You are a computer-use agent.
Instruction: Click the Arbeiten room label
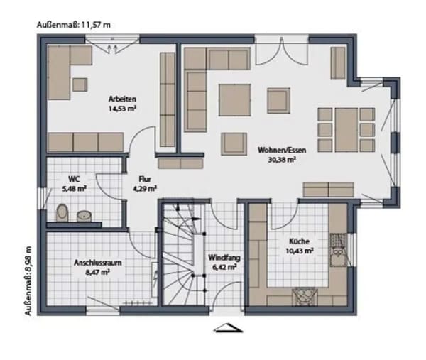pos(122,99)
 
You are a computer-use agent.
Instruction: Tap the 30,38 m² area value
pos(282,160)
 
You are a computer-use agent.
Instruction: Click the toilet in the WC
pos(62,212)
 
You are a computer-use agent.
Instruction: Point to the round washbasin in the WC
pos(84,216)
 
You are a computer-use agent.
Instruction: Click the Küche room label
pos(299,241)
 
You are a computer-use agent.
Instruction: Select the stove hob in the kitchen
pos(305,297)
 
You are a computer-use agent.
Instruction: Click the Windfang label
pos(224,258)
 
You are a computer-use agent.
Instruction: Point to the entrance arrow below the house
pos(228,328)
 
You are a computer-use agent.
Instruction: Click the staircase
pos(183,254)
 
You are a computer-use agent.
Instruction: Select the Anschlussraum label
pos(98,263)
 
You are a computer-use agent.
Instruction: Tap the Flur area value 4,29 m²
pos(145,189)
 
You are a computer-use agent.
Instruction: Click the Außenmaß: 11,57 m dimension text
pos(74,25)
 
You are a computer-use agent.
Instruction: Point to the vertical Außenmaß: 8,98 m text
pos(28,281)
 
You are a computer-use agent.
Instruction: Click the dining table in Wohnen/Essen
pos(346,130)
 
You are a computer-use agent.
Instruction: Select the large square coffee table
pos(235,99)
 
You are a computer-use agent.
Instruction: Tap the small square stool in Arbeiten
pos(80,84)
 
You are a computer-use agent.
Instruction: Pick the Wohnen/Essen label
pos(282,151)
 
